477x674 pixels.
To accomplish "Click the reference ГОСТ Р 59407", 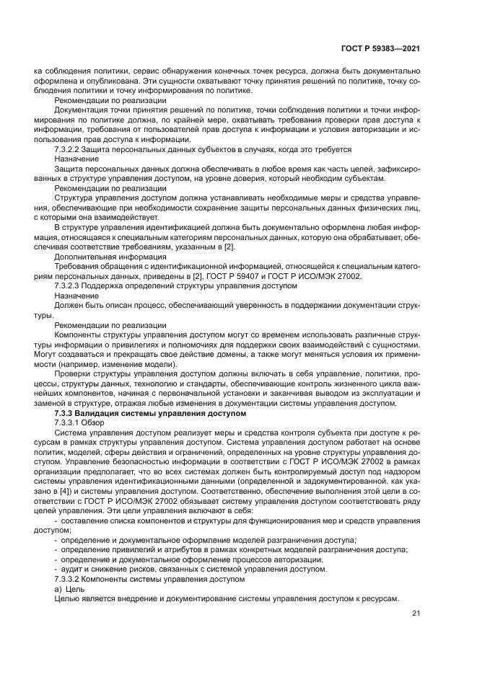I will click(262, 275).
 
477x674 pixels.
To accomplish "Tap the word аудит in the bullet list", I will click(73, 569).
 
